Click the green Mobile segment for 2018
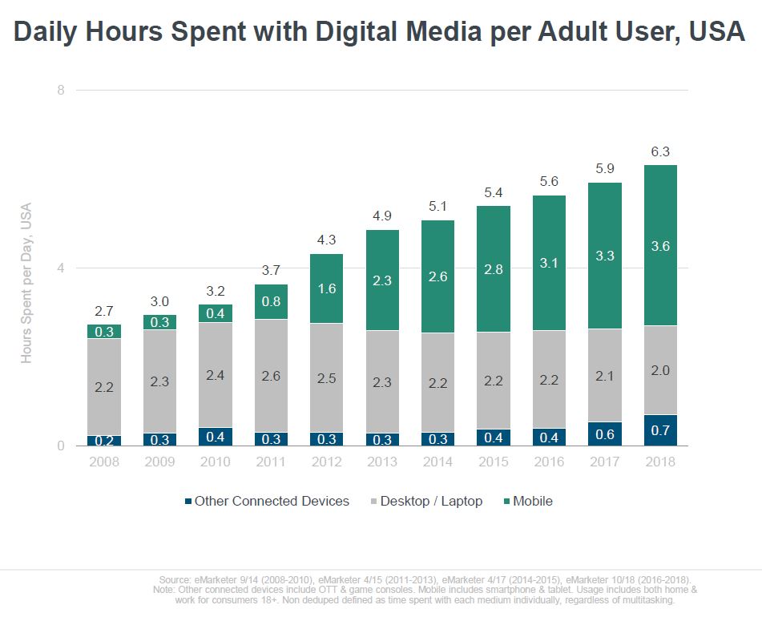pyautogui.click(x=659, y=245)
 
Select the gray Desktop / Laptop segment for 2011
pyautogui.click(x=271, y=376)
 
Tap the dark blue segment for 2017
pyautogui.click(x=604, y=434)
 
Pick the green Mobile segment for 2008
pyautogui.click(x=104, y=332)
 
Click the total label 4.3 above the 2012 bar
pyautogui.click(x=326, y=240)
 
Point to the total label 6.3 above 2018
pyautogui.click(x=659, y=151)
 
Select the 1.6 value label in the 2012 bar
pyautogui.click(x=326, y=288)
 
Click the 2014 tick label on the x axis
pyautogui.click(x=437, y=462)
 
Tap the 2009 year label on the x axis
pyautogui.click(x=159, y=462)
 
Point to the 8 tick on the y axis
pyautogui.click(x=61, y=90)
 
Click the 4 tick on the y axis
pyautogui.click(x=61, y=268)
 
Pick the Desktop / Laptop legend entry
pyautogui.click(x=430, y=501)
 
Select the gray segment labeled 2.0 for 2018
pyautogui.click(x=659, y=370)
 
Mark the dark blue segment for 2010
pyautogui.click(x=215, y=437)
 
